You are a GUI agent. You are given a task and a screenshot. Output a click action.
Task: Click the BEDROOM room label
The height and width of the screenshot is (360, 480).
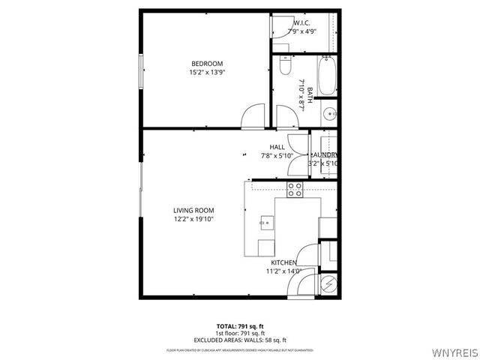[206, 64]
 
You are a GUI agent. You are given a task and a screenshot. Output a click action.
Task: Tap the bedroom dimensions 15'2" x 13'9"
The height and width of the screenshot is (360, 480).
[206, 73]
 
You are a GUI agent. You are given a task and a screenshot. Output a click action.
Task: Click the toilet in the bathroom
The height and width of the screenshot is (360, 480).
[283, 66]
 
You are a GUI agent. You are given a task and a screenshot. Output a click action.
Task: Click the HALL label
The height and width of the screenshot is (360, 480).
[277, 147]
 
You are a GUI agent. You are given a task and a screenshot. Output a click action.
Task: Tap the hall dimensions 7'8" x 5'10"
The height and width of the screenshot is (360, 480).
[277, 156]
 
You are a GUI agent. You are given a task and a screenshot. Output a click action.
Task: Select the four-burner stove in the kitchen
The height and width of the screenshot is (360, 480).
[294, 190]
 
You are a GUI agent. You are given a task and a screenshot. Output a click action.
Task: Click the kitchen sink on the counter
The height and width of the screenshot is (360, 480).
[267, 222]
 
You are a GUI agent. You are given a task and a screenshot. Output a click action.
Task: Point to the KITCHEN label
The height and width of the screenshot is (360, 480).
[284, 262]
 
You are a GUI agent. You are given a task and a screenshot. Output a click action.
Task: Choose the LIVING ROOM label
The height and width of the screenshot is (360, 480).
[194, 210]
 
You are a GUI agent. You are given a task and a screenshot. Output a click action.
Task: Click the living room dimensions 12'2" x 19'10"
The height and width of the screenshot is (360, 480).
[194, 220]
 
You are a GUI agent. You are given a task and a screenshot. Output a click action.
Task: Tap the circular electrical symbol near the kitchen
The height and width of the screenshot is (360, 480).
[328, 283]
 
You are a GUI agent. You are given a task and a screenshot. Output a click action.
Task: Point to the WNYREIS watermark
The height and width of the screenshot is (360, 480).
[453, 351]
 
